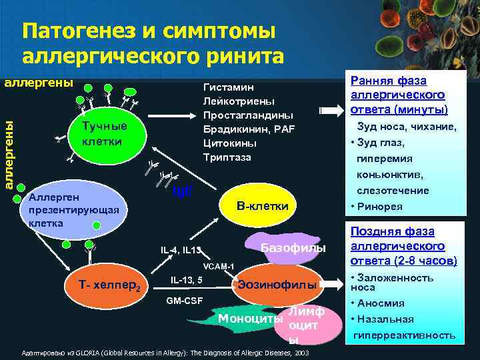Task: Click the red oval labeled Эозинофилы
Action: (276, 285)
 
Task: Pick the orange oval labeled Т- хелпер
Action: (109, 287)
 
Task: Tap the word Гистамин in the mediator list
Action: (227, 87)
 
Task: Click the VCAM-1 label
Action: (217, 267)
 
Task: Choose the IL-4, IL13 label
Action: (181, 250)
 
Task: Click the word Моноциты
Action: (251, 318)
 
